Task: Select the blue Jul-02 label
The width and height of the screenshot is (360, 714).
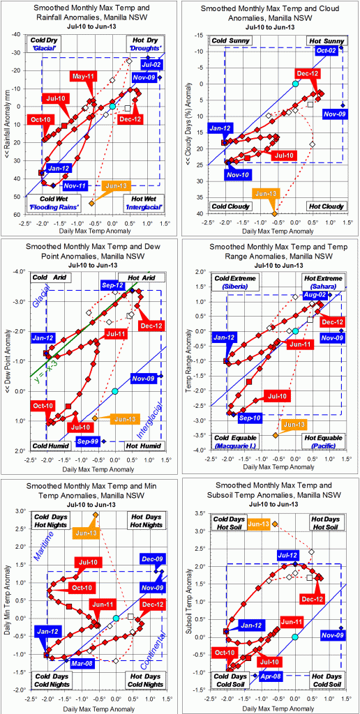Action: [x=151, y=65]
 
